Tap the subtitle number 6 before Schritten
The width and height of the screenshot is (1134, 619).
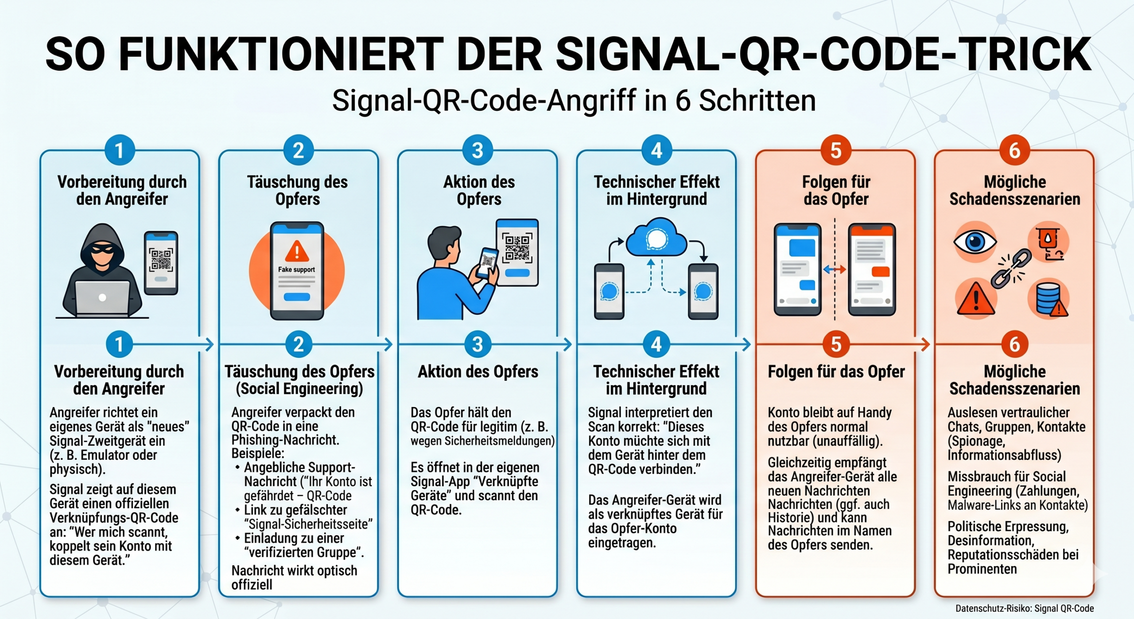(683, 100)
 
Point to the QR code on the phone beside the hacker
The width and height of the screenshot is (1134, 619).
(161, 260)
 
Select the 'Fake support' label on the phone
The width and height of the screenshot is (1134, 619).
(296, 269)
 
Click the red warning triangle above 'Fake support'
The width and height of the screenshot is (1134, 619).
(297, 251)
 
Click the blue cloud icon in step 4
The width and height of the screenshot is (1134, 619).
(656, 238)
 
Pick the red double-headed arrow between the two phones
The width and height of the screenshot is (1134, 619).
(835, 269)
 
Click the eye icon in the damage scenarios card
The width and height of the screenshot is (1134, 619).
(975, 242)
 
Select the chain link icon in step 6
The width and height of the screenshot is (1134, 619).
(1011, 269)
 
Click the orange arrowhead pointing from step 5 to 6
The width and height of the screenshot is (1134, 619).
(925, 344)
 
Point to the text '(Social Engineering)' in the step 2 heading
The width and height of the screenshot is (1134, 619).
(299, 389)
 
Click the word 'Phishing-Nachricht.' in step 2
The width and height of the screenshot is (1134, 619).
(285, 440)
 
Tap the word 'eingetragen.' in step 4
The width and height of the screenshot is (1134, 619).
(622, 543)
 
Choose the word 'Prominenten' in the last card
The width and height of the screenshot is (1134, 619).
(982, 569)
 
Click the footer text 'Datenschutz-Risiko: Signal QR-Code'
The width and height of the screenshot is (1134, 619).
(1025, 608)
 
